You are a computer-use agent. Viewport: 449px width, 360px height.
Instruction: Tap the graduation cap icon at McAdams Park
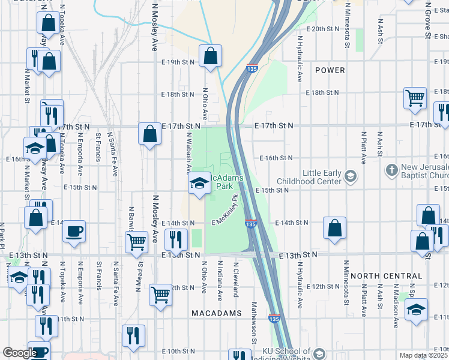coord(198,184)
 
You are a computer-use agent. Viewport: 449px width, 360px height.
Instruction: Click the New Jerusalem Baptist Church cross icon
coord(392,170)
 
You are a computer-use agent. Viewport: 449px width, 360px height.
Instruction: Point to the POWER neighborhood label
coord(330,70)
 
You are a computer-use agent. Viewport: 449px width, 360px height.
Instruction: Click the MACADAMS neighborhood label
coord(217,313)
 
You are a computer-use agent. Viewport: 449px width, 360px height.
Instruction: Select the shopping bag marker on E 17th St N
coord(149,133)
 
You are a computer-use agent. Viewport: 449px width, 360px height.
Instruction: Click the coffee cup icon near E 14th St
coord(74,231)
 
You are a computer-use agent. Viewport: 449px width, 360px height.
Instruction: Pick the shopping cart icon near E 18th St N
coord(415,98)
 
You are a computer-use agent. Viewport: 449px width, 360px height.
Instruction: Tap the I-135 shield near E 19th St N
coord(252,70)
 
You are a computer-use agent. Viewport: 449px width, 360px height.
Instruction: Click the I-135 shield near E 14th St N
coord(252,223)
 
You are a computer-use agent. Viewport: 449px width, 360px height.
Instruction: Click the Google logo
coord(19,353)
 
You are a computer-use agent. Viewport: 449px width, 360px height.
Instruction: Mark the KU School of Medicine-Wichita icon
coord(319,353)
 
